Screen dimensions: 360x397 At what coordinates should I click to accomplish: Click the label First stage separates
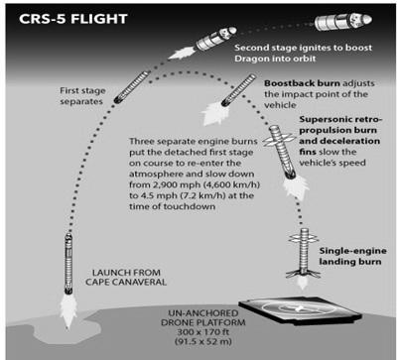pos(72,96)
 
